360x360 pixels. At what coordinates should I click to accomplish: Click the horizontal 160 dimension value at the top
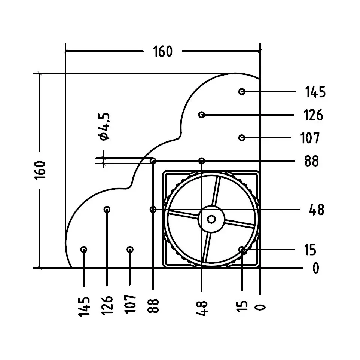tap(163, 51)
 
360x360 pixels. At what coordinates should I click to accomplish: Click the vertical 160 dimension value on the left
tap(40, 170)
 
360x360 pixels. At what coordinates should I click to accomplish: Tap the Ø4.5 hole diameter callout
tap(104, 126)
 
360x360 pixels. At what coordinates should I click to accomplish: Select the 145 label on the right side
tap(315, 92)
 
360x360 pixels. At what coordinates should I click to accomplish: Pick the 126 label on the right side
tap(313, 115)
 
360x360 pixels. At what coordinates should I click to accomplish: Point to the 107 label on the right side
tap(310, 138)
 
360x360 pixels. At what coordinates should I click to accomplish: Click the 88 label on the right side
tap(312, 161)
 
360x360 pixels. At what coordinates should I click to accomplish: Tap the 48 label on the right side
tap(317, 210)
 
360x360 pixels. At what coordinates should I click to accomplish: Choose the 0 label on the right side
tap(316, 268)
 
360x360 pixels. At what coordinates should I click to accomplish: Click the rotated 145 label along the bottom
tap(84, 307)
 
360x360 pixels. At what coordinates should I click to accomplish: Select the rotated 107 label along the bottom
tap(130, 304)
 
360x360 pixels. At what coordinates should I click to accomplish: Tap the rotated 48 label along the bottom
tap(202, 309)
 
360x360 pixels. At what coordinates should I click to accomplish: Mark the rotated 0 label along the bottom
tap(260, 308)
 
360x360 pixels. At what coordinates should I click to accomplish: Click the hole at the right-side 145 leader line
tap(241, 92)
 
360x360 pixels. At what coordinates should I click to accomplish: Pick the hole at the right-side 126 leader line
tap(202, 115)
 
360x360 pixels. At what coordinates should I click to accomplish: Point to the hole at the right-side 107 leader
tap(241, 138)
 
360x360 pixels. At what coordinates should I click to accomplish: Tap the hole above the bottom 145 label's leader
tap(84, 249)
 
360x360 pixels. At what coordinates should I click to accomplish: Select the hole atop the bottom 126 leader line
tap(107, 210)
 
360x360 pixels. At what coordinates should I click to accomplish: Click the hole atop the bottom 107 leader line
tap(130, 249)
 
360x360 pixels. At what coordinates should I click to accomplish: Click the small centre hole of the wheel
tap(211, 219)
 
